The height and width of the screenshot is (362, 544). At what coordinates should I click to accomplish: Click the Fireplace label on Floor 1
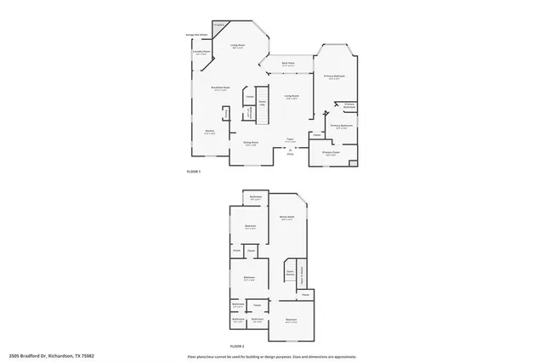point(218,25)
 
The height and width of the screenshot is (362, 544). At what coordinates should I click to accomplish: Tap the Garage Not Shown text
point(196,35)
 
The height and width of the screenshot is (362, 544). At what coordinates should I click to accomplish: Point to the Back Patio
point(288,65)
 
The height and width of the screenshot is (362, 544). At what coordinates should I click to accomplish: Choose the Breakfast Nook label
point(220,88)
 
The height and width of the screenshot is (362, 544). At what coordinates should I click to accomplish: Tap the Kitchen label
point(209,133)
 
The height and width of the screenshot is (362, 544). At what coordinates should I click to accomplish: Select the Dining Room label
point(252,144)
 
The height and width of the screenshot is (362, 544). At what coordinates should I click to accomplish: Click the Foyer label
point(289,141)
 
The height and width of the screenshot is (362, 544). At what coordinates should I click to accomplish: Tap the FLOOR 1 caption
point(194,172)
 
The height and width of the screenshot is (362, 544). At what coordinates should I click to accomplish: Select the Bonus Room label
point(286,218)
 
